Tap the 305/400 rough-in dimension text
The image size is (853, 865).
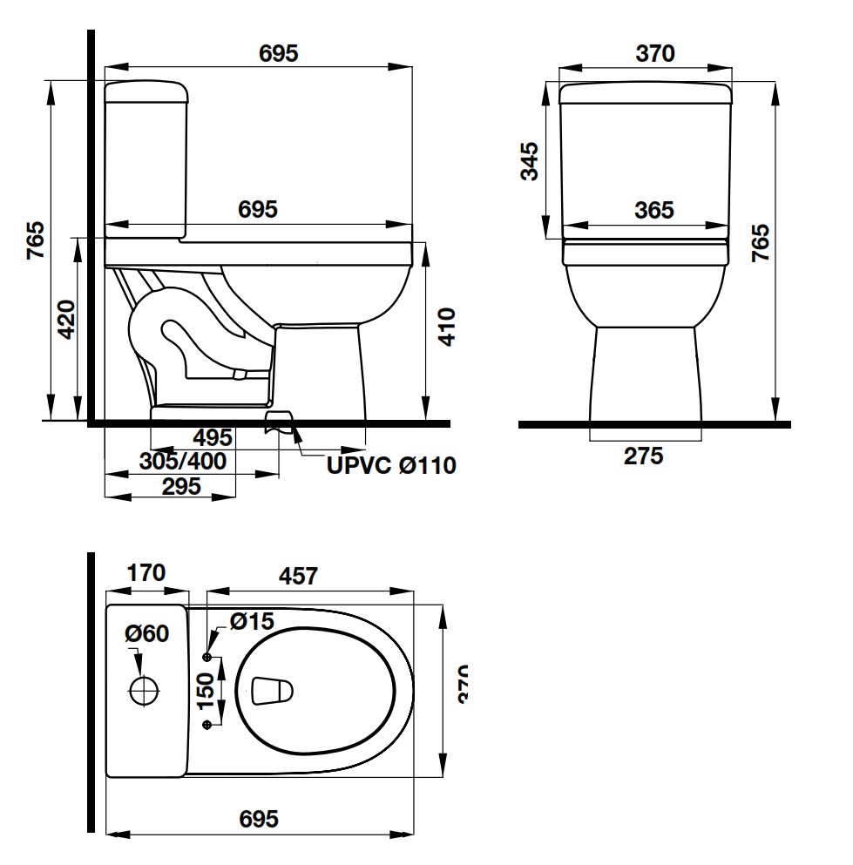pyautogui.click(x=183, y=462)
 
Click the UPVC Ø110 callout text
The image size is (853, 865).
pyautogui.click(x=391, y=466)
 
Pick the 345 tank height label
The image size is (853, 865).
pyautogui.click(x=528, y=161)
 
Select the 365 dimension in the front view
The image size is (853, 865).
pyautogui.click(x=653, y=210)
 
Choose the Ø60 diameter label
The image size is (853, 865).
pyautogui.click(x=146, y=634)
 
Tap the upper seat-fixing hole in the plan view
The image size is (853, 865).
pyautogui.click(x=207, y=655)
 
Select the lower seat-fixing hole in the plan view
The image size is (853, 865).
pyautogui.click(x=207, y=725)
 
